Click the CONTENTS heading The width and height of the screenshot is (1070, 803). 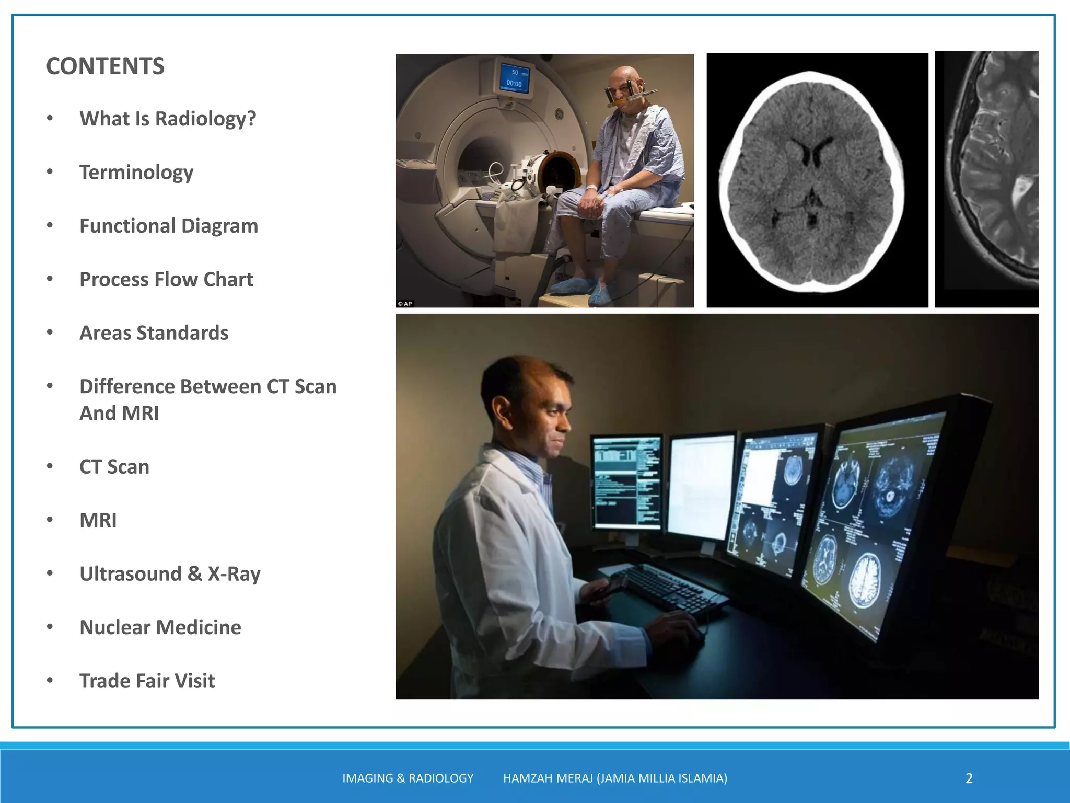click(x=105, y=66)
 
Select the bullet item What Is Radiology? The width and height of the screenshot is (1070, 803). click(x=168, y=119)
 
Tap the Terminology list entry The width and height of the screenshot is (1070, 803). click(x=136, y=173)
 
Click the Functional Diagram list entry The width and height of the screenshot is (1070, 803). click(x=169, y=226)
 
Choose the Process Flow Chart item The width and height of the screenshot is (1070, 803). click(x=166, y=280)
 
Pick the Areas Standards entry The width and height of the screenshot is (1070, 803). click(x=154, y=333)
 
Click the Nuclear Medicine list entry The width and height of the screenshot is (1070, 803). click(x=160, y=627)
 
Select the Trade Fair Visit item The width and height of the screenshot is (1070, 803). click(x=147, y=681)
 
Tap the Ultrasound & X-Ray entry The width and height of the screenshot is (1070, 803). click(x=170, y=574)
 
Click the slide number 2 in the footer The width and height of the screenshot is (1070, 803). click(x=969, y=778)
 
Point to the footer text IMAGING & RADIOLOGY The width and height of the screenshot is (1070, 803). click(x=408, y=778)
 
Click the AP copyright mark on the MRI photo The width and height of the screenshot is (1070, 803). click(x=405, y=303)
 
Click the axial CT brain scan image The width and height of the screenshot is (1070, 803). click(x=817, y=180)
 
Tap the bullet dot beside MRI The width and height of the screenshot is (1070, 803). click(x=50, y=520)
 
